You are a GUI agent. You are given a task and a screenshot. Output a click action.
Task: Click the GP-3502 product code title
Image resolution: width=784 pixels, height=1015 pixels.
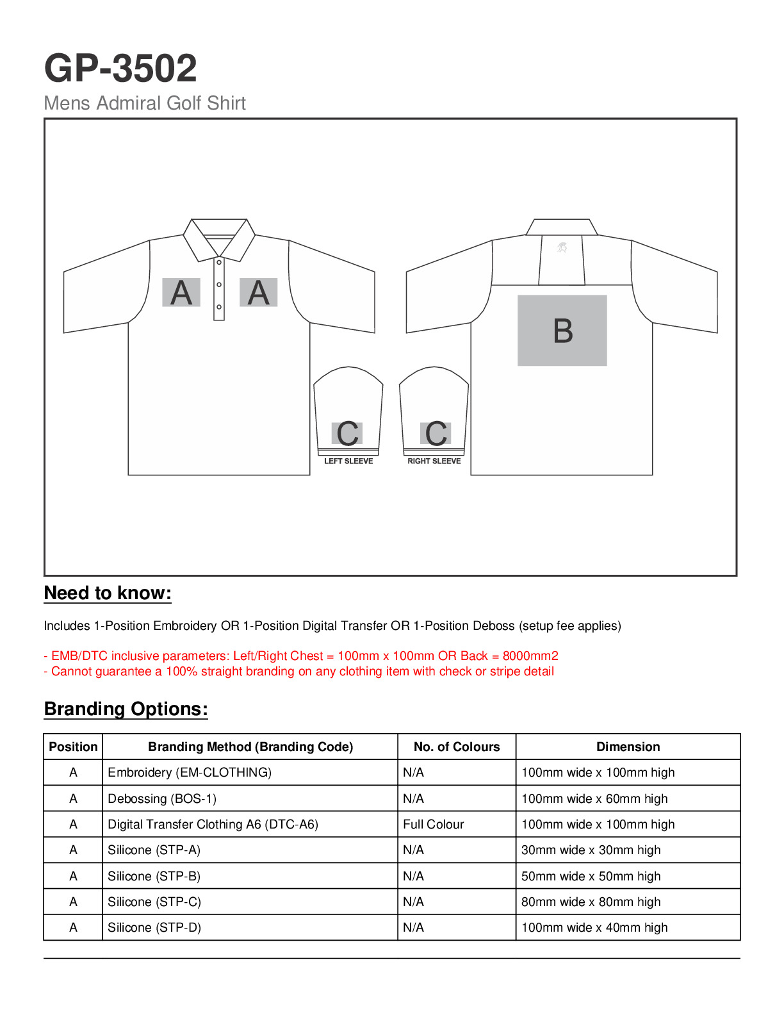[120, 69]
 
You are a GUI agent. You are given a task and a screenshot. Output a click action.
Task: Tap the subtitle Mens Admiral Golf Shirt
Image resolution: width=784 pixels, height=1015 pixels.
[145, 103]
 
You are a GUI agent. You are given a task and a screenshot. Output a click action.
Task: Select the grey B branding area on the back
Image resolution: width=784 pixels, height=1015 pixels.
[562, 331]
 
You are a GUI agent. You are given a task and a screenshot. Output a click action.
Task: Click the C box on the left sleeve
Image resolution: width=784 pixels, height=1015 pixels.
[347, 434]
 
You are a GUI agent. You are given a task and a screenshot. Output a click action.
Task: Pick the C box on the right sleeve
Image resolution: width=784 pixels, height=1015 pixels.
[436, 434]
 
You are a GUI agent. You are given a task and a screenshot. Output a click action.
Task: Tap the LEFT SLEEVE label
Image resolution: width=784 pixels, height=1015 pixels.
[348, 461]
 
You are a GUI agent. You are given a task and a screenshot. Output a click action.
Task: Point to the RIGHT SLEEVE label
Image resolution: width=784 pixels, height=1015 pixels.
[434, 461]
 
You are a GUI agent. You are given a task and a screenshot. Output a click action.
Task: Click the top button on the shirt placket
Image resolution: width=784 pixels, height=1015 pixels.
[219, 262]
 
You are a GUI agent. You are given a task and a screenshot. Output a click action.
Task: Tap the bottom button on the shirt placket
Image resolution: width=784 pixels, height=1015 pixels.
[219, 307]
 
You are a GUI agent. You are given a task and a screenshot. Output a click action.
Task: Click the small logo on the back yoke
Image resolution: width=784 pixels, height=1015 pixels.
[562, 247]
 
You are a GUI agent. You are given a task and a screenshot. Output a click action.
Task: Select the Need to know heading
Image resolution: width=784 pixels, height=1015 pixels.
[108, 593]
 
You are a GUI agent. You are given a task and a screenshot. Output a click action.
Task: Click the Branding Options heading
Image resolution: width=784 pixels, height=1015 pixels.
[126, 709]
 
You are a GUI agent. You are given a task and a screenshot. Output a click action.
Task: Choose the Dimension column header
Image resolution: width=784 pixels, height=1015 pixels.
[628, 747]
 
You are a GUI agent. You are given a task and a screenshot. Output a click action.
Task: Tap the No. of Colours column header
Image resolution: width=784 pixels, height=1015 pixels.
[457, 747]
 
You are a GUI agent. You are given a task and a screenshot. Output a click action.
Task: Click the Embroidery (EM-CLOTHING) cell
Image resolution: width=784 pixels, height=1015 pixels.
[190, 773]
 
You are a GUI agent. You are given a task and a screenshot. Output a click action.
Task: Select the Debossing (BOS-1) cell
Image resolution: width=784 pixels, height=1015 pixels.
[162, 799]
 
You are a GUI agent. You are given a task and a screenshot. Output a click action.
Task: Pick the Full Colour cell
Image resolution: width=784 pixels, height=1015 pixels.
[434, 825]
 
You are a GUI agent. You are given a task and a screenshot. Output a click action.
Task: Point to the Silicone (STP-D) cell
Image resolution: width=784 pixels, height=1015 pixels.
[154, 928]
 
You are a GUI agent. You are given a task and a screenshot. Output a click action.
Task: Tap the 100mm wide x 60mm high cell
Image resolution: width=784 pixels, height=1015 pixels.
[594, 799]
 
